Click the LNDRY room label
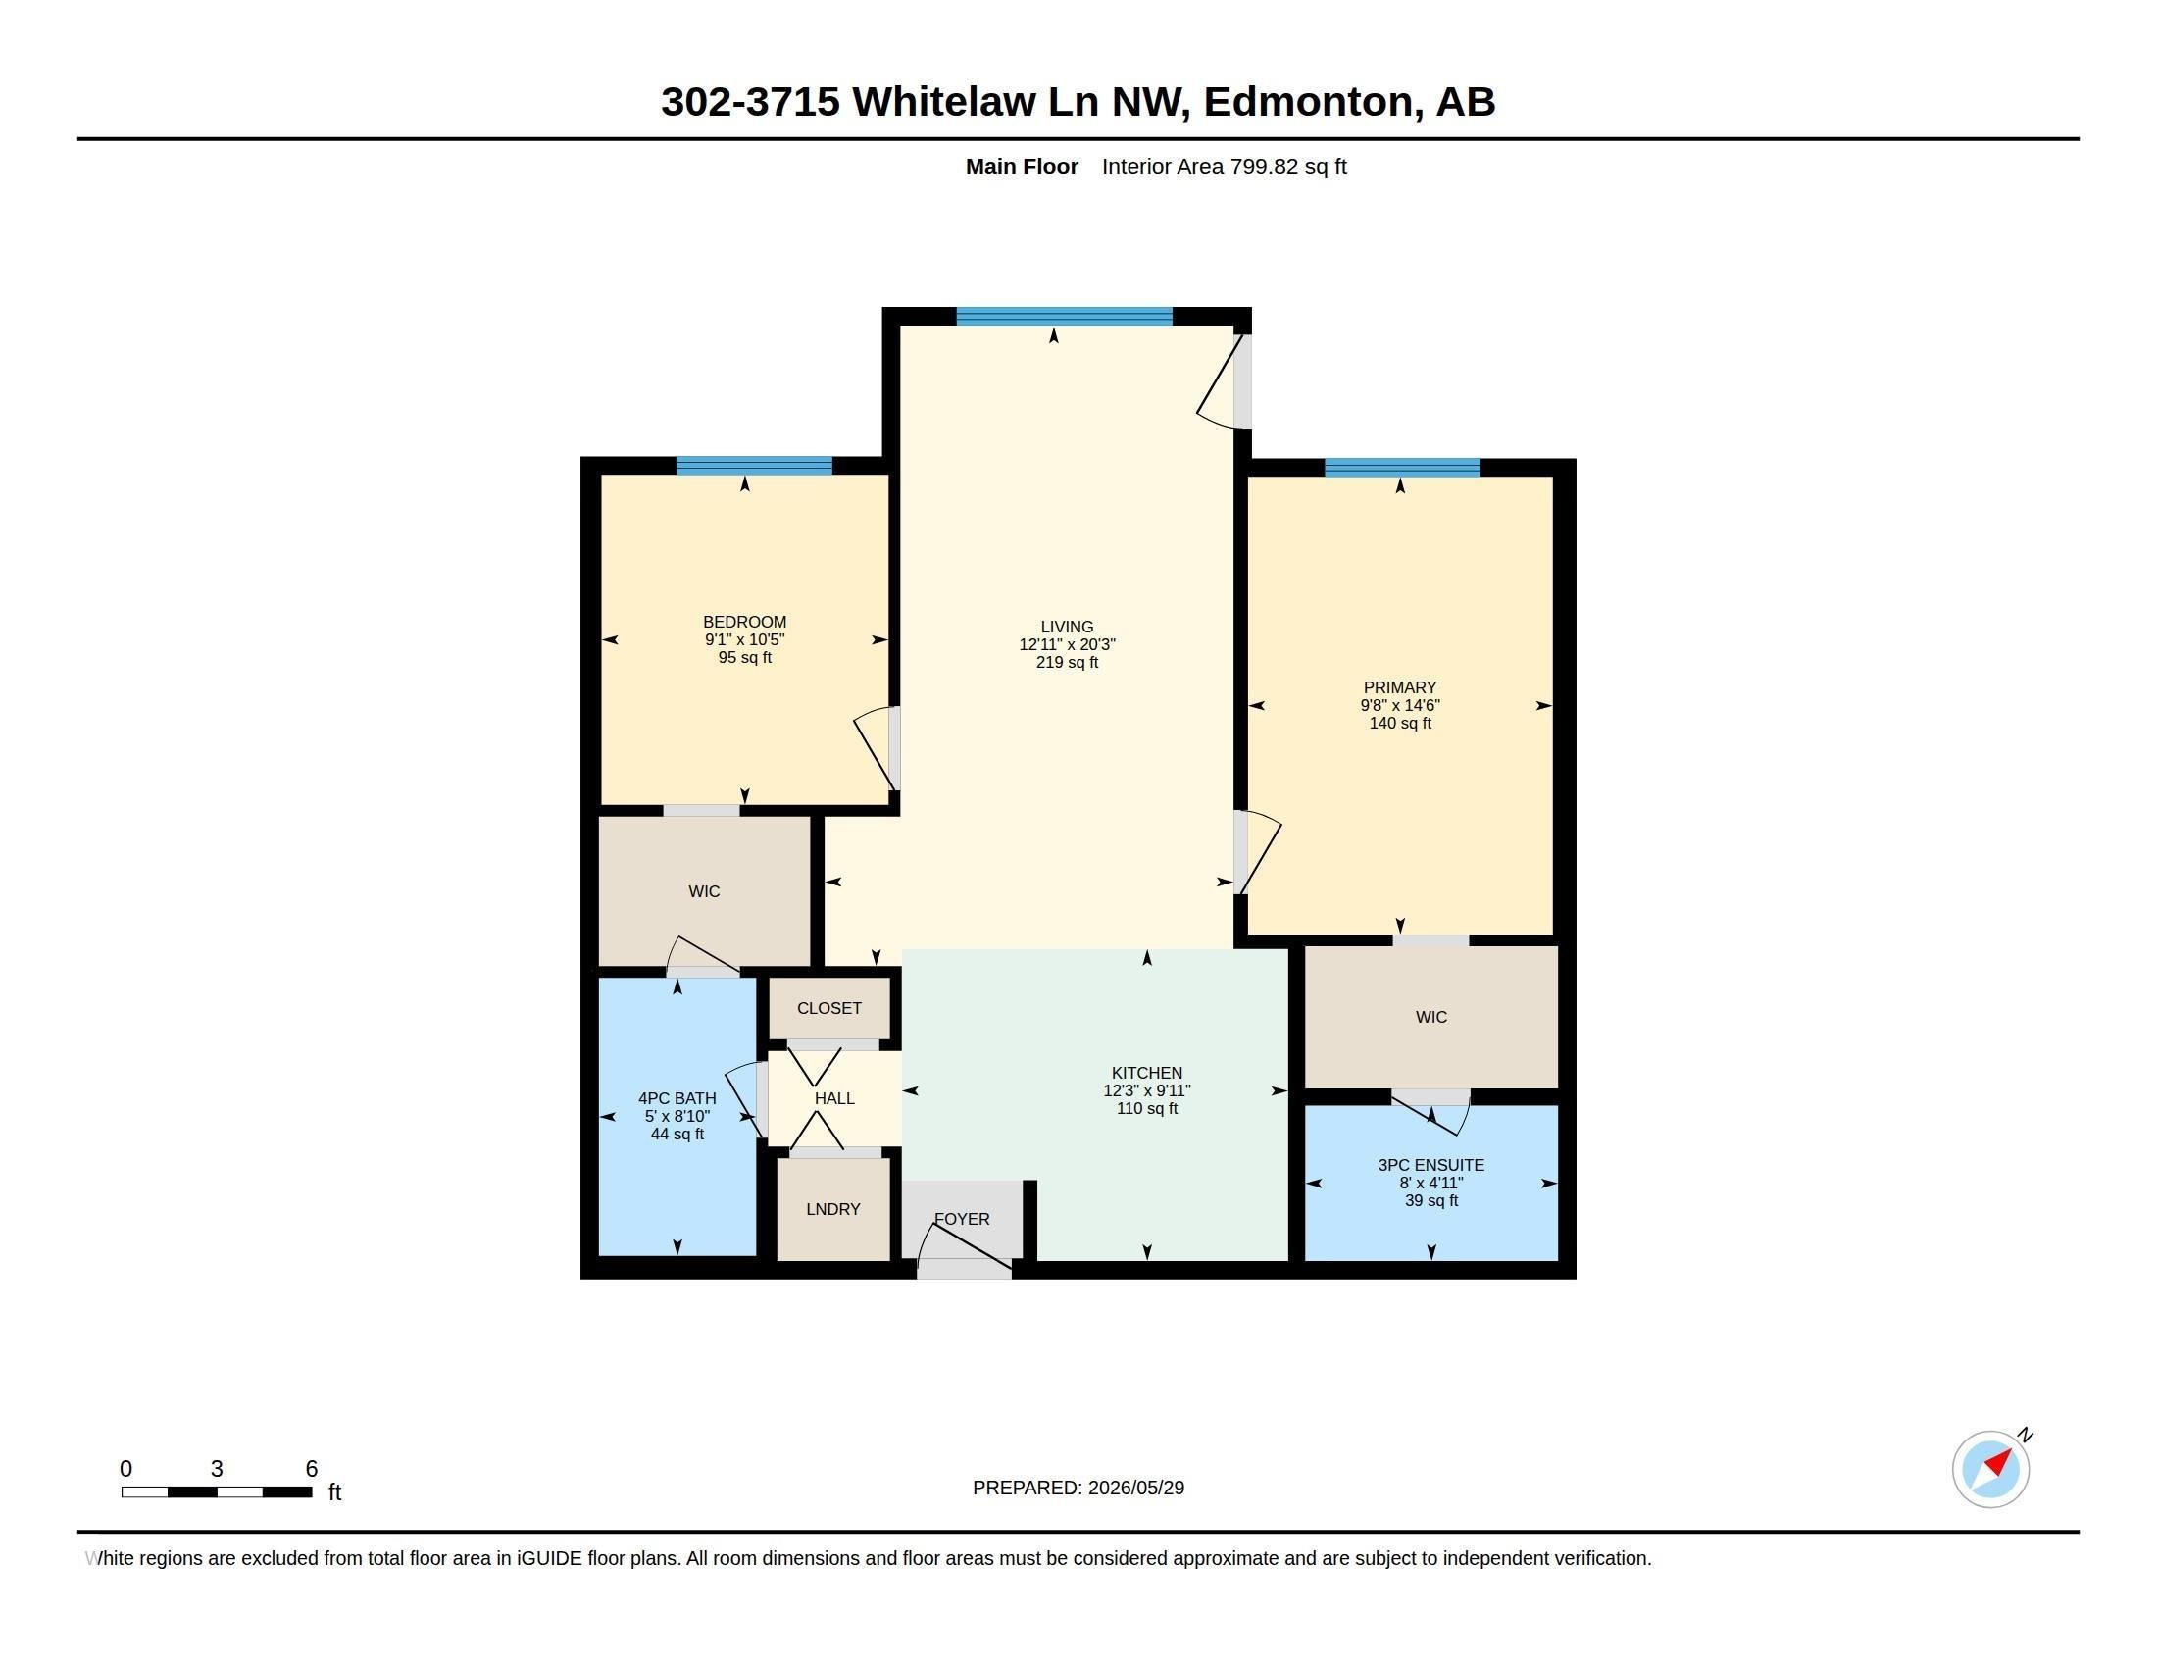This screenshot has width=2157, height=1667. point(832,1209)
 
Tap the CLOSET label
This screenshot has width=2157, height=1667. point(828,1008)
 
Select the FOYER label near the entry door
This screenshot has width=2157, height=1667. point(962,1219)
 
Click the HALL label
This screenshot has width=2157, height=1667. point(834,1098)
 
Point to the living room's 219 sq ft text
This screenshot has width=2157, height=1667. point(1067,662)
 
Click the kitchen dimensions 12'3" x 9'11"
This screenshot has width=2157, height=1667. point(1147,1090)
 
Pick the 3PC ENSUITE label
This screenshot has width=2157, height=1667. point(1431,1165)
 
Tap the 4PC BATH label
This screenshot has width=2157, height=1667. point(677,1098)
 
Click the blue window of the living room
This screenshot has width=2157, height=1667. point(1064,316)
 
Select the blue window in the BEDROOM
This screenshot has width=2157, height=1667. point(754,466)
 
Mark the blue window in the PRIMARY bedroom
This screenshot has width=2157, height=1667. point(1401,467)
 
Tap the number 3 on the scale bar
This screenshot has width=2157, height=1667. point(218,1469)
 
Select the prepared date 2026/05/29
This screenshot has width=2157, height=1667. point(1135,1488)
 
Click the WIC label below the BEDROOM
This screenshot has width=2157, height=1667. point(704,891)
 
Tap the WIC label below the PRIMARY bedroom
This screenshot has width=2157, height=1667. point(1431,1017)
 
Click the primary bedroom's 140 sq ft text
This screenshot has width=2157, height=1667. point(1400,723)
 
